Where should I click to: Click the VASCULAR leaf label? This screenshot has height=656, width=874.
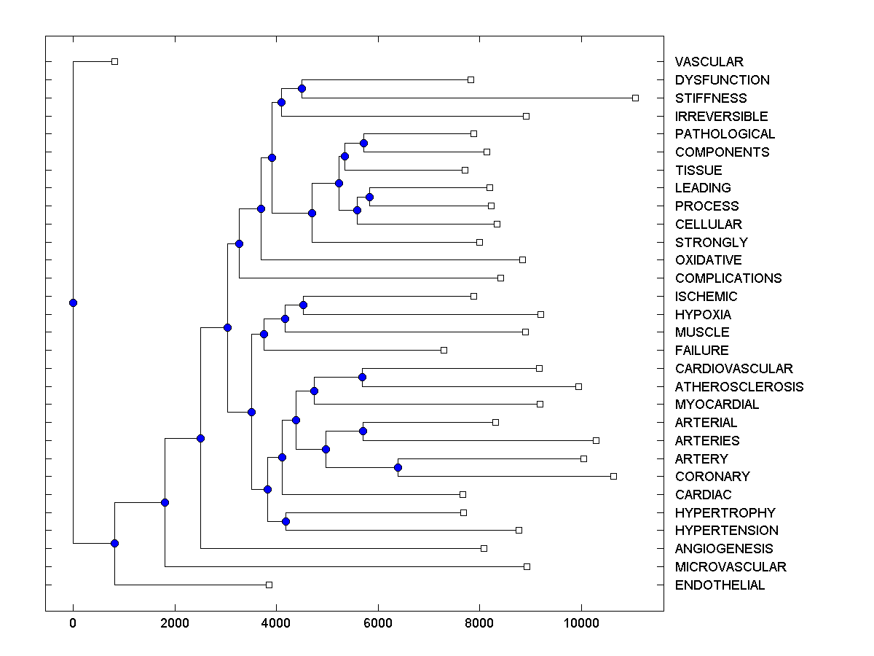709,62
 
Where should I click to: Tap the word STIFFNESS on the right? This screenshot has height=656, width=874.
710,98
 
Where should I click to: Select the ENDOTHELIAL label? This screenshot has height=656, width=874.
720,585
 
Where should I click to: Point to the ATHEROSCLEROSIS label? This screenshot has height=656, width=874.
739,387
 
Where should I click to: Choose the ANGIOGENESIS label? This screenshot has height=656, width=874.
723,549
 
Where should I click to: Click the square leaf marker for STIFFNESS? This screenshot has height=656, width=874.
635,98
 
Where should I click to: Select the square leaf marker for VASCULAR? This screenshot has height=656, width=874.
114,61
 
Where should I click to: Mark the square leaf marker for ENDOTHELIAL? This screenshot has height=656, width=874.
269,585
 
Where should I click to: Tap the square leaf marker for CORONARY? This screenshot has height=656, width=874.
613,476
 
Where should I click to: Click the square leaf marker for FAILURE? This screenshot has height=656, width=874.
444,350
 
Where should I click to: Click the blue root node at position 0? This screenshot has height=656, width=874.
73,302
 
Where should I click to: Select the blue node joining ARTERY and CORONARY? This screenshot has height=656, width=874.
398,467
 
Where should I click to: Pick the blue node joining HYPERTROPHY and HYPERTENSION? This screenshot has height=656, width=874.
286,521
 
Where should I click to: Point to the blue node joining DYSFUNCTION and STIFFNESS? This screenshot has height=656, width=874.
302,88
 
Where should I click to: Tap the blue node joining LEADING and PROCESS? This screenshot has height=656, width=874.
369,197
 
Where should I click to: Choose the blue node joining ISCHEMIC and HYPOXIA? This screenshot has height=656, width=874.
303,305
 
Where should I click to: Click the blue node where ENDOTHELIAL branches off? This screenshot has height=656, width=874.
114,543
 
